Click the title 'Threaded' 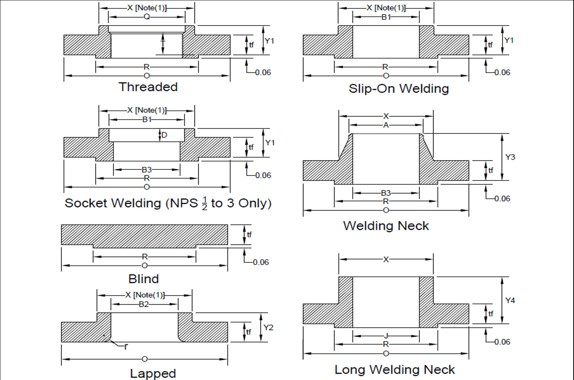coord(148,87)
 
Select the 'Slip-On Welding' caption coord(399,89)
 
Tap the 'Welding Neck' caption coord(386,226)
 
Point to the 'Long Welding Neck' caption coord(394,369)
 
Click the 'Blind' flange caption coord(143,279)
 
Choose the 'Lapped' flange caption coord(153,373)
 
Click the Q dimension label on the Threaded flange coord(147,17)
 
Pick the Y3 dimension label coord(510,157)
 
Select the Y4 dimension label coord(510,300)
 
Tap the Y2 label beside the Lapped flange coord(268,327)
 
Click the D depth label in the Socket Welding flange coord(164,135)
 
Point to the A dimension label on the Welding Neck coord(386,125)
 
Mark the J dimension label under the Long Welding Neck coord(386,336)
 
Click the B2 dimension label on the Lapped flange coord(143,304)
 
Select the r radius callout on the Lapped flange coord(126,346)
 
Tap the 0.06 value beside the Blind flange coord(261,262)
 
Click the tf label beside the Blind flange coord(249,235)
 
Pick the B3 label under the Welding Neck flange coord(386,193)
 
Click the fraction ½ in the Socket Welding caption coord(204,203)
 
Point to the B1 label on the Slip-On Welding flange coord(386,17)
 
